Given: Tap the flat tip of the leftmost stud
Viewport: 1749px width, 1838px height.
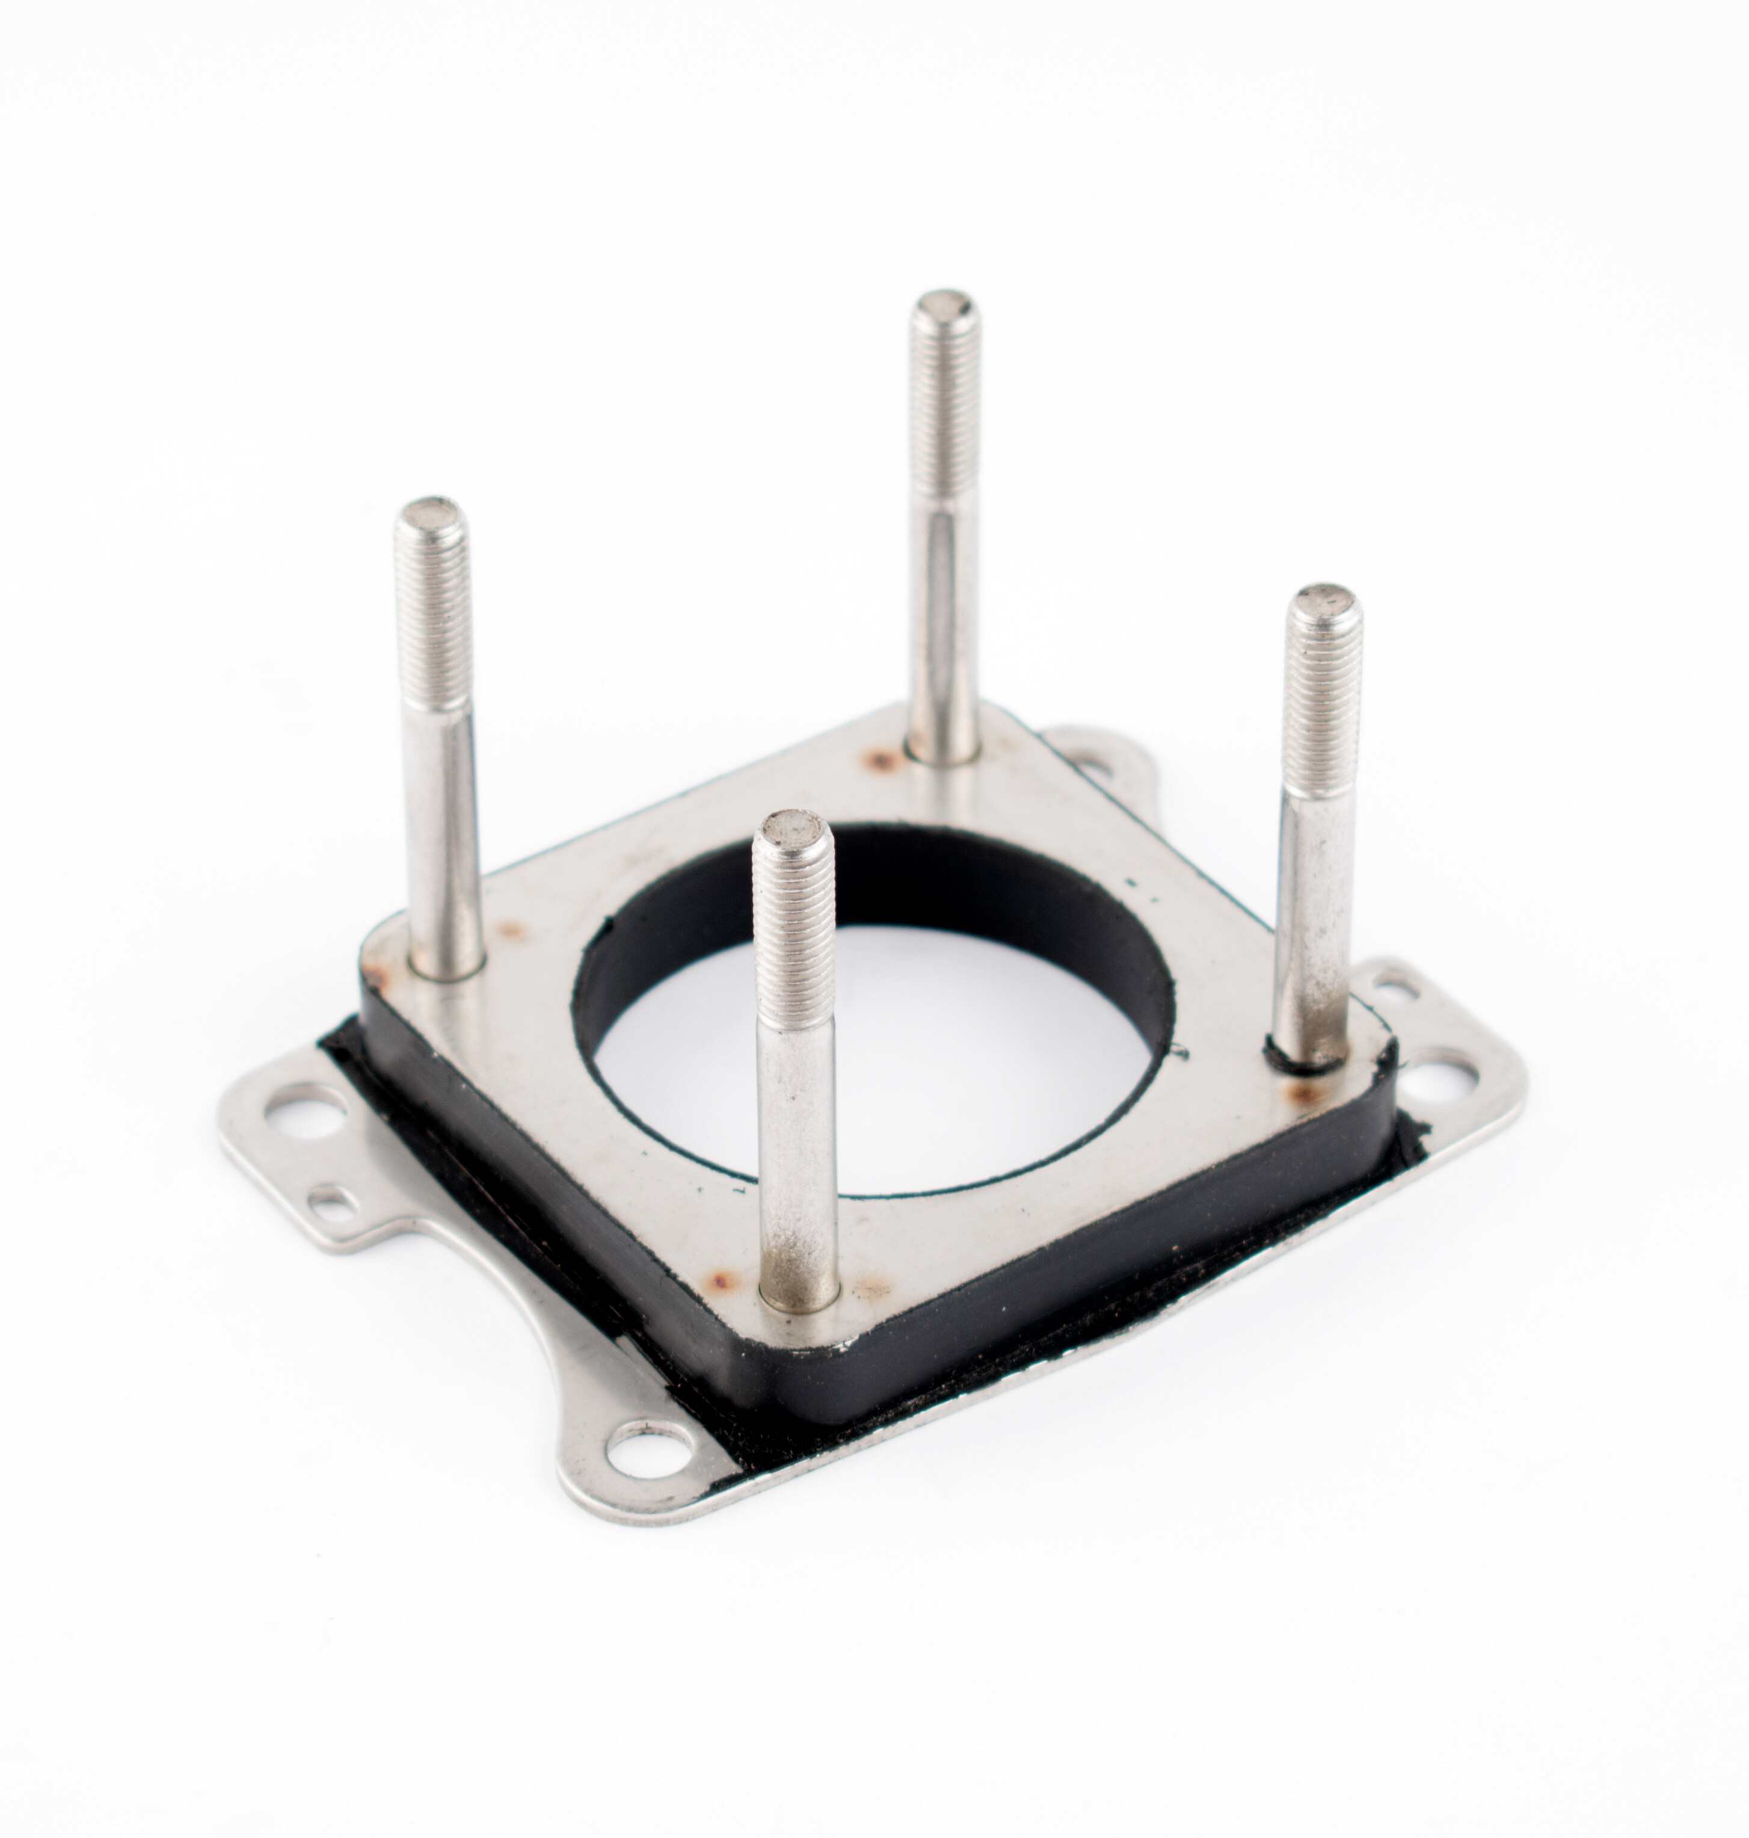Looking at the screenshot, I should [429, 513].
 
